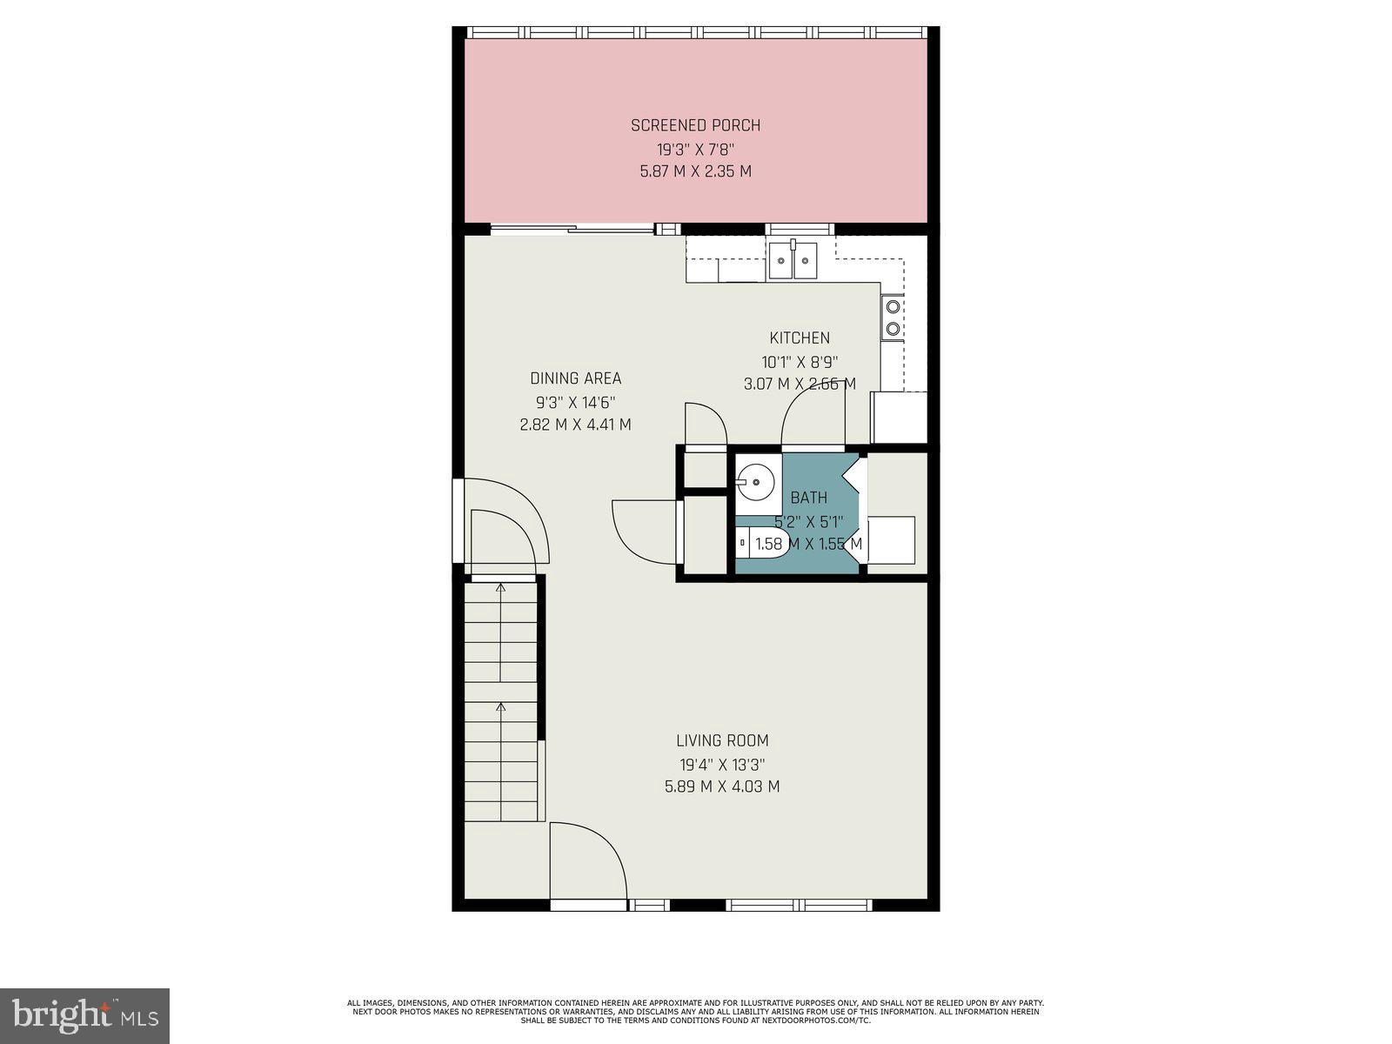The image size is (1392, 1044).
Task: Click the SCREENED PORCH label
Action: (695, 125)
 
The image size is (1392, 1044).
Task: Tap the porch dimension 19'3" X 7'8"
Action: (695, 149)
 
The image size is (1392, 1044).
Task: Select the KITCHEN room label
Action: (799, 338)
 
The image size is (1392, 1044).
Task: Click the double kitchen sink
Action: (793, 260)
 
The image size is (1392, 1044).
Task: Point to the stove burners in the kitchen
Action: (893, 318)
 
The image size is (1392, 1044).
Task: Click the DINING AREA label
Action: (575, 378)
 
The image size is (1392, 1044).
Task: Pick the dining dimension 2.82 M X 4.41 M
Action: (575, 425)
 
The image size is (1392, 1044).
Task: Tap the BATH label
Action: (808, 498)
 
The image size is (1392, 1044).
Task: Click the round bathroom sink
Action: (756, 481)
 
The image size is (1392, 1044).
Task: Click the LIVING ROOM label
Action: (722, 741)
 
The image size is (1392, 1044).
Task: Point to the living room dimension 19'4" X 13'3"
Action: (722, 765)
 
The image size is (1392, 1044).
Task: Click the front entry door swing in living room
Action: (585, 861)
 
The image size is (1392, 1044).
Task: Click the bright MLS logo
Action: (84, 1015)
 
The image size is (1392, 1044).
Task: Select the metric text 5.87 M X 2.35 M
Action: (695, 171)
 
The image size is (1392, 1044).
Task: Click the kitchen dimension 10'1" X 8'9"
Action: (799, 361)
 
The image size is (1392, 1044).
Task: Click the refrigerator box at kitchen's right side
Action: (899, 418)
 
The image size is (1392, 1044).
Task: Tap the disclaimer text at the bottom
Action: (695, 1011)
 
